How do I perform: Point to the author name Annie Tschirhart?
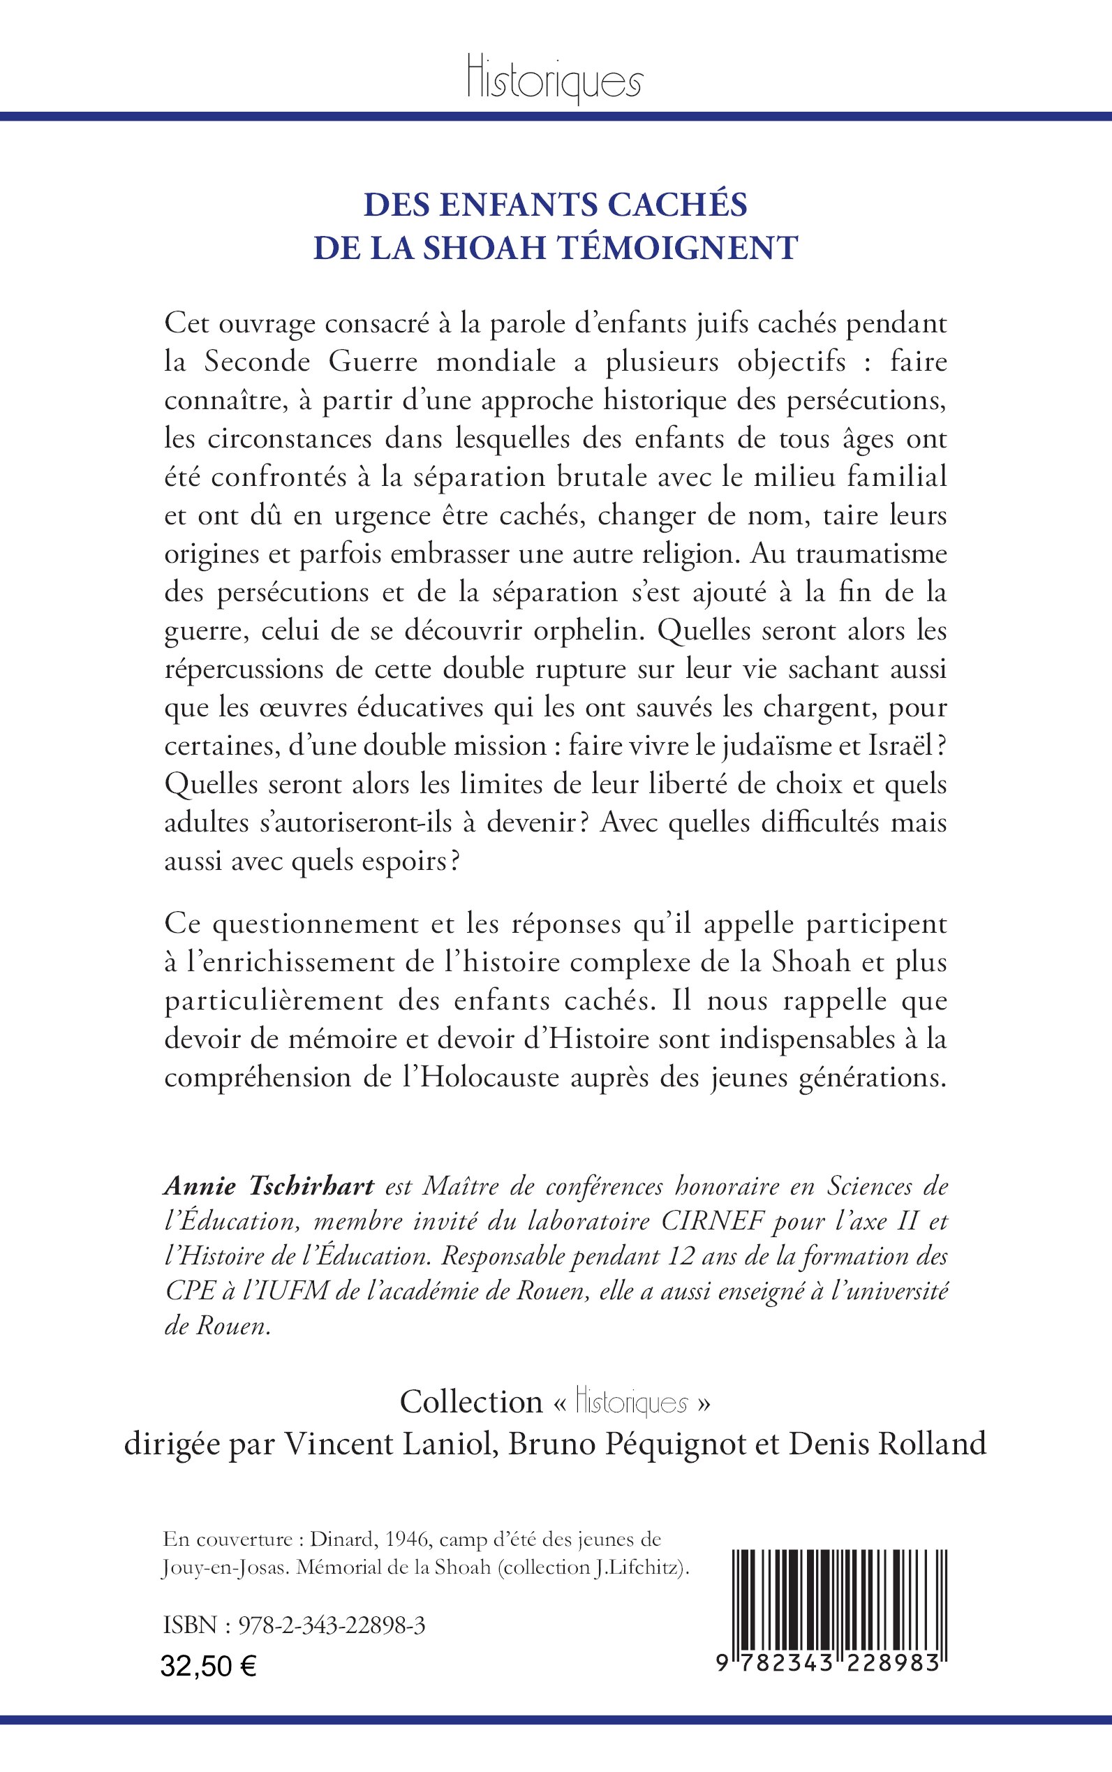[x=269, y=1186]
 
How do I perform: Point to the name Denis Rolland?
[x=887, y=1444]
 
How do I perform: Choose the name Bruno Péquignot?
[x=626, y=1444]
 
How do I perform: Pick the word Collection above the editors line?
[x=470, y=1402]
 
